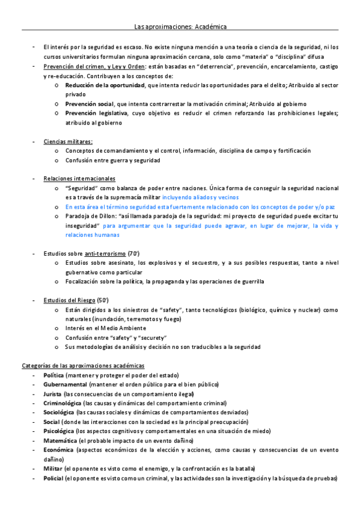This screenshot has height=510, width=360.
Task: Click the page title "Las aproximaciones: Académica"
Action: point(180,27)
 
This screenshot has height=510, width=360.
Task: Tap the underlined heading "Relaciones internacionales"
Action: point(79,179)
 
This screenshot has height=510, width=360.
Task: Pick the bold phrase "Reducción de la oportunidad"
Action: point(105,85)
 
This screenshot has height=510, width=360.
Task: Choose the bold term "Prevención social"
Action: point(90,104)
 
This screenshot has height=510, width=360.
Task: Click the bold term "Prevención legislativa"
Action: point(96,113)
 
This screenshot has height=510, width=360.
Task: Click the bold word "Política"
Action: point(53,375)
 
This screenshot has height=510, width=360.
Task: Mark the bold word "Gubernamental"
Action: point(65,384)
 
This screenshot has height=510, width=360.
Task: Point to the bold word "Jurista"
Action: point(52,393)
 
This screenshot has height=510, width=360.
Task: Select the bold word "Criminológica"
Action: point(63,403)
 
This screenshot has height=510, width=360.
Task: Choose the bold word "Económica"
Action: point(59,450)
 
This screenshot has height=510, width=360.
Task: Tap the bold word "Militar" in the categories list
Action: point(52,469)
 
